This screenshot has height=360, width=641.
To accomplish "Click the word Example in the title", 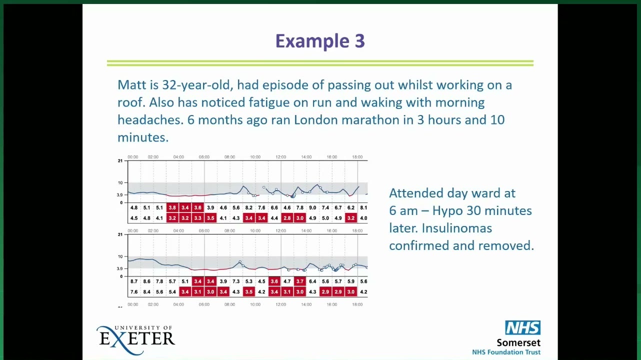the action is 312,41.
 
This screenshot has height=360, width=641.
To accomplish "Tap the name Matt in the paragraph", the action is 131,84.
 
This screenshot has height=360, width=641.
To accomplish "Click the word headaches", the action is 150,119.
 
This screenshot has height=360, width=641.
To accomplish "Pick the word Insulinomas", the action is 457,228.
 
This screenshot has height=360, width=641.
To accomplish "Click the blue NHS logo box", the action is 523,327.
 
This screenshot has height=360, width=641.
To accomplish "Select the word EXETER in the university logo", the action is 137,338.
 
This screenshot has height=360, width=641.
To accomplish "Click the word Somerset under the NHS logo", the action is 518,342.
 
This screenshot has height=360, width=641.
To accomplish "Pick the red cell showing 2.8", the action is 287,218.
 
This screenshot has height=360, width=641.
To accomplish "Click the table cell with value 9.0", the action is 312,207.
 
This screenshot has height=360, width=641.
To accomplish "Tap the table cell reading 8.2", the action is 249,207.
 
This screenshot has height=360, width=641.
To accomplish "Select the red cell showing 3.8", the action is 172,207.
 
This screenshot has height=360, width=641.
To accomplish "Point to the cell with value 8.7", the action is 134,281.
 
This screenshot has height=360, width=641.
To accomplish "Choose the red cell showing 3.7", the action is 300,281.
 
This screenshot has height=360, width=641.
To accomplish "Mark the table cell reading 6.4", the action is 312,281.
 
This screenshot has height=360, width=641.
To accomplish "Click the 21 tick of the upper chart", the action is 120,161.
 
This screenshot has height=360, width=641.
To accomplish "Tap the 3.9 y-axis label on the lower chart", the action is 119,268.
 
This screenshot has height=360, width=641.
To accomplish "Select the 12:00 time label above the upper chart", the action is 280,157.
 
